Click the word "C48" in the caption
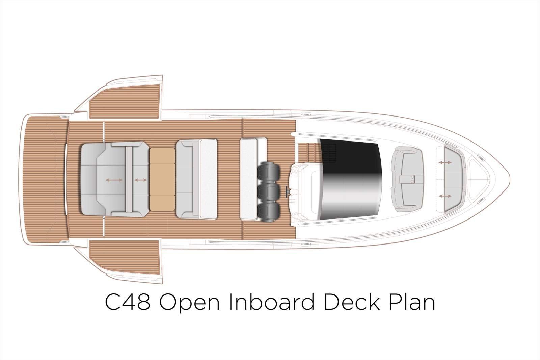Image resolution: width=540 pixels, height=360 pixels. tap(128, 302)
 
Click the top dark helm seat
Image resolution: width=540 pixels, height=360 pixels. tap(268, 172)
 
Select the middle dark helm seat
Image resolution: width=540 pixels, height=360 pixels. tap(268, 192)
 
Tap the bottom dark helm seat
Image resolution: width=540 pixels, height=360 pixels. tap(268, 212)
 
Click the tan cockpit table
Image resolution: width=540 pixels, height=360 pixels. tap(162, 179)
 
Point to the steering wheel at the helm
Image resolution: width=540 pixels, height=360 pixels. tap(288, 192)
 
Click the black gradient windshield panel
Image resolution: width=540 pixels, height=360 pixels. tap(351, 179)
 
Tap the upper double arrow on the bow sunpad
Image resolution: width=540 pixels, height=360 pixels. tap(445, 163)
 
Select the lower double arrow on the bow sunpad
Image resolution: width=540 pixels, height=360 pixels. tap(445, 196)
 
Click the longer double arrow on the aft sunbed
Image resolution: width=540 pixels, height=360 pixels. tap(114, 180)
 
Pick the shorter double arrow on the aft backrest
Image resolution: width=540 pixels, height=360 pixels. tap(140, 180)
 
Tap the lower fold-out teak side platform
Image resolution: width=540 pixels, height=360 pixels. tap(125, 257)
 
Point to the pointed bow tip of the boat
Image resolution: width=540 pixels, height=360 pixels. tap(509, 179)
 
